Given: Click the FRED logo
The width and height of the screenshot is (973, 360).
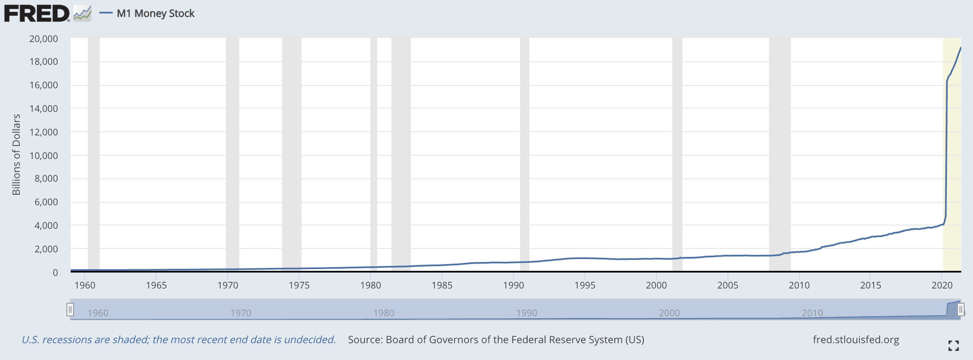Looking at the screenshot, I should click(37, 13).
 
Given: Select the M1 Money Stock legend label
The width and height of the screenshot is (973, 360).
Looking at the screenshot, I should click(156, 13).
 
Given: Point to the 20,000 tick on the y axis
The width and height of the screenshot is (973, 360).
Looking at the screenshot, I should click(44, 39).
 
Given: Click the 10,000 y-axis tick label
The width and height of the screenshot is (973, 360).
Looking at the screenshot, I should click(44, 156).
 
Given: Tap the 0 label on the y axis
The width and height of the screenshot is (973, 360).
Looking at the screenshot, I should click(55, 273).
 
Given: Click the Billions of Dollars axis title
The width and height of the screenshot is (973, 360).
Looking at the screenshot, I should click(16, 155).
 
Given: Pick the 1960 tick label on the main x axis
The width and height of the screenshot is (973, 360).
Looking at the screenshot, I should click(85, 285).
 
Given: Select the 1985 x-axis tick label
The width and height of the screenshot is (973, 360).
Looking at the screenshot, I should click(442, 285).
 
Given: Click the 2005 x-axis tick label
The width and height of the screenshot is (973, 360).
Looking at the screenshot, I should click(727, 285).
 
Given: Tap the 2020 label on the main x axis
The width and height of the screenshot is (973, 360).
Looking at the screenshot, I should click(942, 285).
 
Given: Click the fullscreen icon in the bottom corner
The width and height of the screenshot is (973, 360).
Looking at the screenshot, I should click(954, 346).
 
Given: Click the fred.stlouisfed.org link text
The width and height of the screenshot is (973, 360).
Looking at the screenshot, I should click(856, 340).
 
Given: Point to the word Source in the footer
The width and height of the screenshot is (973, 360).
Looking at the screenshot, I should click(364, 340).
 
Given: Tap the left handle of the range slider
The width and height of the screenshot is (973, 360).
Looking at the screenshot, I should click(70, 310).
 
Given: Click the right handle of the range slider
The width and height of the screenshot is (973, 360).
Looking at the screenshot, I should click(960, 310).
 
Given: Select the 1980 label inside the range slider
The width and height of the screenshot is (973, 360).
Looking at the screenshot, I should click(383, 313).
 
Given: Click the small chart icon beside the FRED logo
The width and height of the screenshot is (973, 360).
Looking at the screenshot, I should click(82, 13).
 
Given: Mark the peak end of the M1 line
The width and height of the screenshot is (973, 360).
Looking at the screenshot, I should click(961, 48).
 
